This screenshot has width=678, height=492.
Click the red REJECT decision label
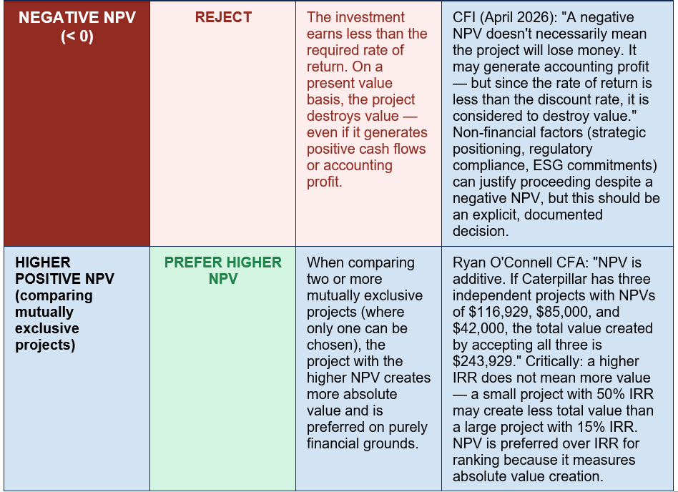[223, 17]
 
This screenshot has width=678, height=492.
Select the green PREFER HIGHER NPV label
[223, 270]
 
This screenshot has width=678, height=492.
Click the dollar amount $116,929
[486, 312]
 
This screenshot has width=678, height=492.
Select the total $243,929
[483, 361]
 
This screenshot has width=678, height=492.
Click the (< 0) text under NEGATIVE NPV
[77, 36]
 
